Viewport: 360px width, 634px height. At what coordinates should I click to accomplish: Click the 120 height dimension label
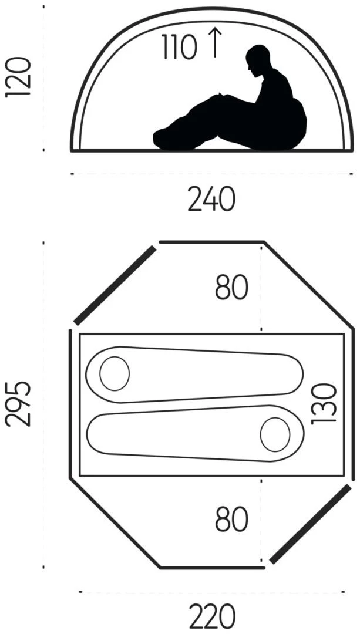pos(18,77)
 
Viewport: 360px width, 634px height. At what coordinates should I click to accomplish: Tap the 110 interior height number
pos(180,47)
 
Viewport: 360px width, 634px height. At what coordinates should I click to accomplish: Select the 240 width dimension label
pos(211,198)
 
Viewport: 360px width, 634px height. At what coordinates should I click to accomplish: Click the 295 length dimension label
pos(18,403)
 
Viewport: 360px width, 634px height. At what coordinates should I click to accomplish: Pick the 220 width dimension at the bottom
pos(212,616)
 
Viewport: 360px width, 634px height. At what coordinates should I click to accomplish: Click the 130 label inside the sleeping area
pos(324,404)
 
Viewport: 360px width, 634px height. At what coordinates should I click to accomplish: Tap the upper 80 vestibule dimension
pos(231,288)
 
